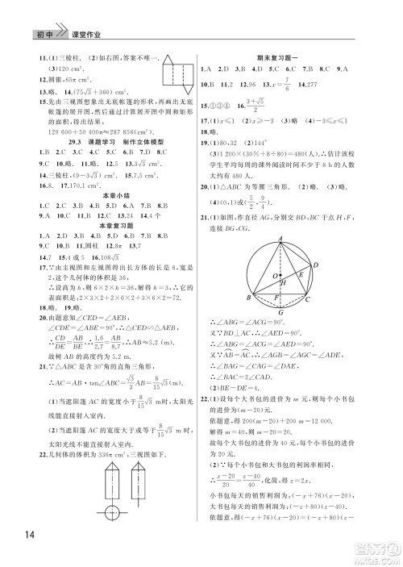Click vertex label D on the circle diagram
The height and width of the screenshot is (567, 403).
coord(316,264)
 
